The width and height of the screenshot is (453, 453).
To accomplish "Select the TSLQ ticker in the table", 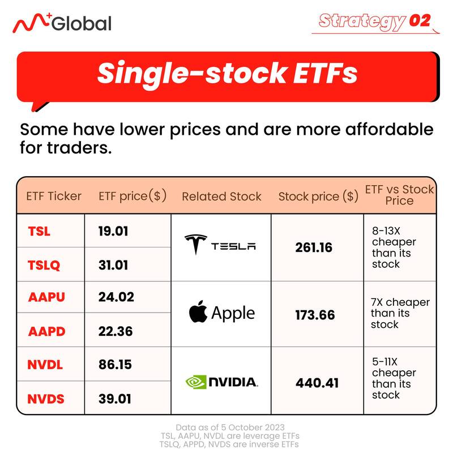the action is click(44, 265).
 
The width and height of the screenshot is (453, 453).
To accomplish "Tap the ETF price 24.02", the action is click(116, 297).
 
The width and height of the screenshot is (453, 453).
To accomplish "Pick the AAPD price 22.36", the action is click(116, 331).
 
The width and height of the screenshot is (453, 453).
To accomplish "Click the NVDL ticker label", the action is click(45, 365).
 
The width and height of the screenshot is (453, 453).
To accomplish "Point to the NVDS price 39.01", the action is click(115, 399).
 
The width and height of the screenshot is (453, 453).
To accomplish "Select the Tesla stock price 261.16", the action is click(314, 247).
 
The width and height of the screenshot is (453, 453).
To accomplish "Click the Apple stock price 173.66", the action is click(315, 315).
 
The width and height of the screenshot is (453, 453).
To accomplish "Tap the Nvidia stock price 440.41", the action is click(317, 383).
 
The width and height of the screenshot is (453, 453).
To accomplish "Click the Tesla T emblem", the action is click(196, 243).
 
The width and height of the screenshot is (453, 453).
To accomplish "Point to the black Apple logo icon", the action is click(198, 311).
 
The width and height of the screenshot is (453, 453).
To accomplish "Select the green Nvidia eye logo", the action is click(196, 382).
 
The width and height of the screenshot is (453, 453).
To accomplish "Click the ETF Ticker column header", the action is click(54, 196).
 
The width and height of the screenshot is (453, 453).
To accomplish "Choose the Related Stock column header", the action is click(221, 196).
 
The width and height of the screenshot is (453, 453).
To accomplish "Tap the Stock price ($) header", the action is click(318, 196).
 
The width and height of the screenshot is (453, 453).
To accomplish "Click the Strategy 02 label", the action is click(375, 21).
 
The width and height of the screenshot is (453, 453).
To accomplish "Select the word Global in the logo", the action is click(82, 23).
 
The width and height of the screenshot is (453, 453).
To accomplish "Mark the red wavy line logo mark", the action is click(31, 23).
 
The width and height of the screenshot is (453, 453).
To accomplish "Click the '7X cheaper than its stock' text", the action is click(400, 313).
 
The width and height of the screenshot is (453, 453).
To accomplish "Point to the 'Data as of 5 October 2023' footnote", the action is click(230, 428).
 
